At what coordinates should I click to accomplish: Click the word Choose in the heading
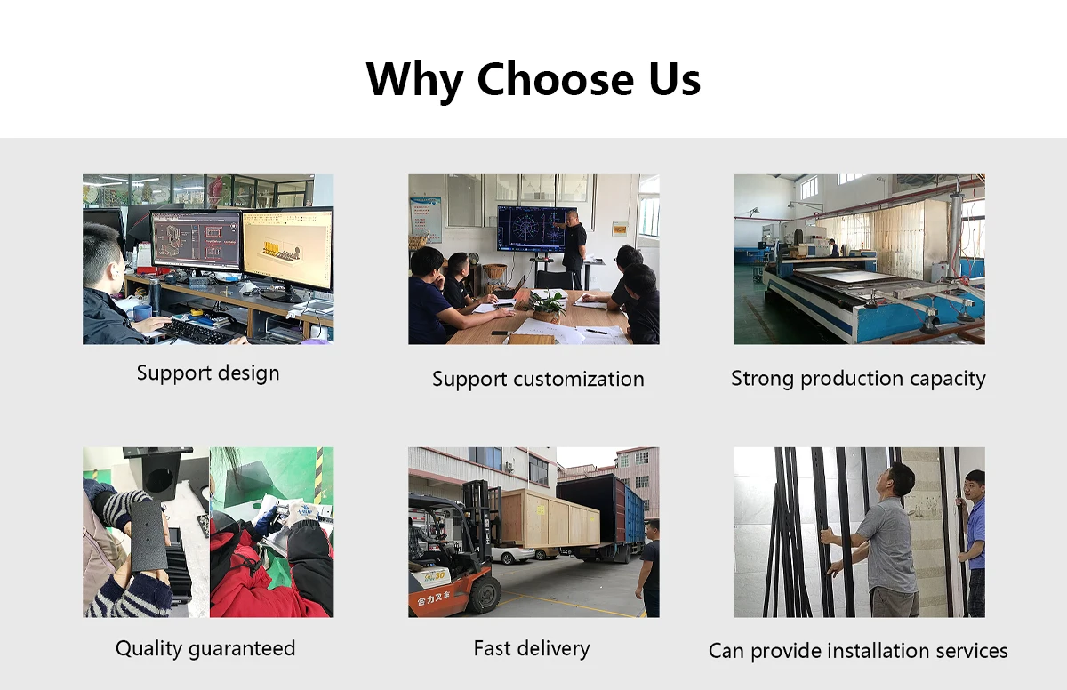[x=556, y=79]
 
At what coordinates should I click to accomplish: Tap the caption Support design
[x=208, y=373]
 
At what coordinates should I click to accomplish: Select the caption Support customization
[x=538, y=380]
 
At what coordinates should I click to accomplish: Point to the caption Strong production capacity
[x=858, y=379]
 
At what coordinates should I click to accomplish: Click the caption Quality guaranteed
[x=205, y=649]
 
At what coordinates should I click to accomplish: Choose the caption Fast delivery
[x=532, y=648]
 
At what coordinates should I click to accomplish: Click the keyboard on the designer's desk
[x=197, y=331]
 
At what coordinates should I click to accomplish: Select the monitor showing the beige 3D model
[x=288, y=250]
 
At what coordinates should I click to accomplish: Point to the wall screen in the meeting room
[x=536, y=229]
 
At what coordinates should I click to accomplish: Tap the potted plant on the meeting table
[x=548, y=306]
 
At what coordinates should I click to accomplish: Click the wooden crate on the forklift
[x=549, y=518]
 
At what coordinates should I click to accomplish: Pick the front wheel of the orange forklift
[x=483, y=595]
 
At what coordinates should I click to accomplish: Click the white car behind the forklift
[x=512, y=555]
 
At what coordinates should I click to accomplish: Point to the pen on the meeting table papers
[x=596, y=332]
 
